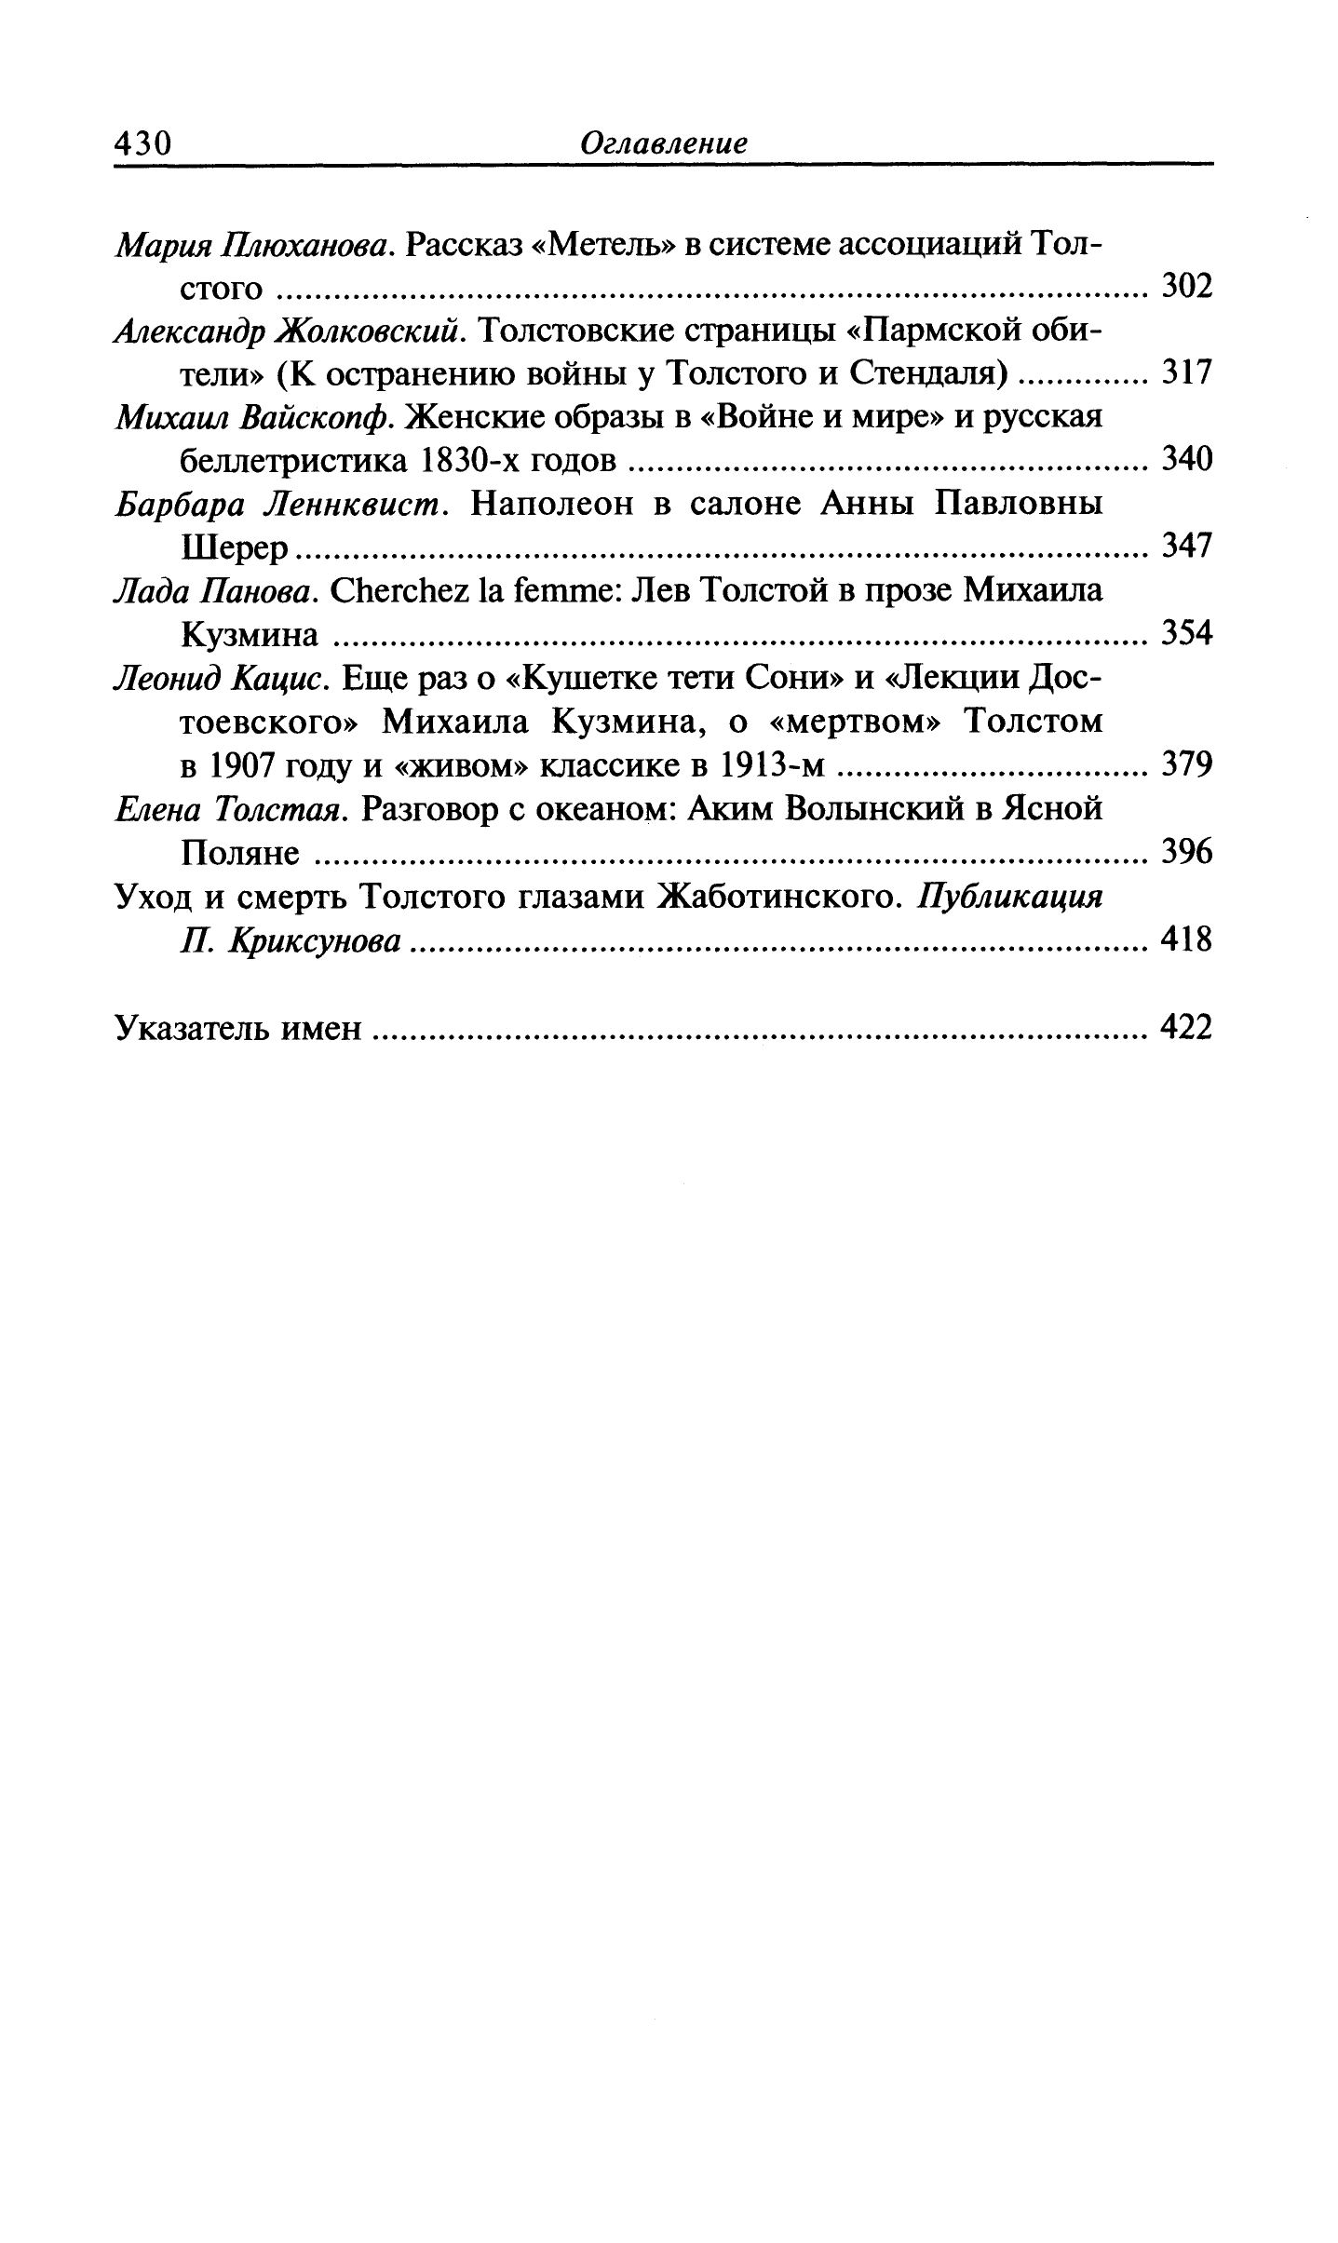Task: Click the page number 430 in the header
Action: pos(142,144)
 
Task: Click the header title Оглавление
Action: pos(663,144)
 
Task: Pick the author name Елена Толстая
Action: pos(230,809)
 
